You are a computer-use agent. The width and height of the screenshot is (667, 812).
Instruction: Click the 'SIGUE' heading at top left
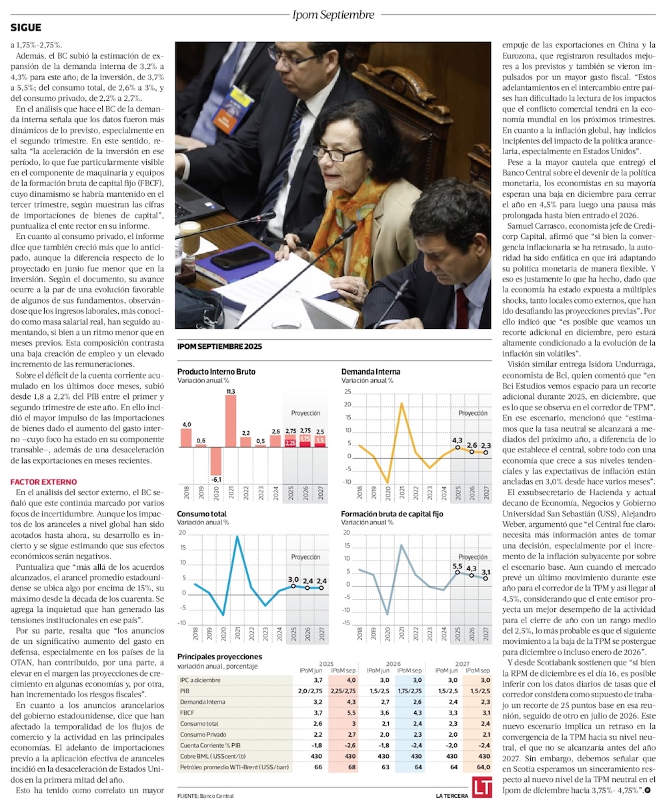click(26, 27)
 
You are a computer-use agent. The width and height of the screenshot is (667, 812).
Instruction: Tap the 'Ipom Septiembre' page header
click(333, 13)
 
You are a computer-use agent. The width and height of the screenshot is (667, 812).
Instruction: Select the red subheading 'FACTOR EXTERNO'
click(43, 482)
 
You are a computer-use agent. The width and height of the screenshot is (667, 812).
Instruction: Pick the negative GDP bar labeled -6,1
click(215, 460)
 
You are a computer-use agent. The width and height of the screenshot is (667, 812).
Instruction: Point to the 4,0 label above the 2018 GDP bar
click(187, 424)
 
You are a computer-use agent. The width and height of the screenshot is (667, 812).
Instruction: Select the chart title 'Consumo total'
click(201, 514)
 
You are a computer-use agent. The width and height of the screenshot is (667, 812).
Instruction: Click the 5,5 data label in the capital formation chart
click(458, 566)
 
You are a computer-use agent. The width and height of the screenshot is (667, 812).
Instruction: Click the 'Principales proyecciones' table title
click(219, 657)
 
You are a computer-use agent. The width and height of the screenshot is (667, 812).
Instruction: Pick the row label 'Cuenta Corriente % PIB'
click(211, 745)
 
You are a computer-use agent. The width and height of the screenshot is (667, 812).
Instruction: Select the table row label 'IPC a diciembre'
click(200, 680)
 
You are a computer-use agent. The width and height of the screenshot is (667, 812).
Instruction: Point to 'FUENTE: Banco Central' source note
click(205, 796)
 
